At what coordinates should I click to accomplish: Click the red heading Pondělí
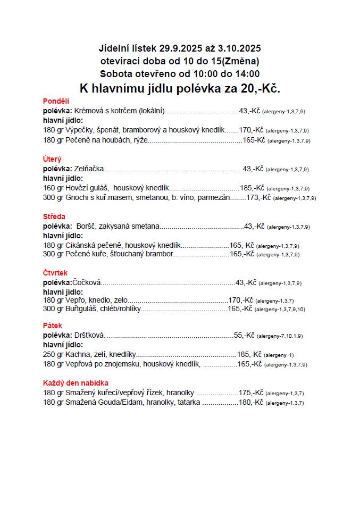pos(56,101)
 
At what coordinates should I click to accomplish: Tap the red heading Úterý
pos(52,159)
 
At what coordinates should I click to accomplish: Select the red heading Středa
pos(54,216)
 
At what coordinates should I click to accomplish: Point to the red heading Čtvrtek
pos(55,273)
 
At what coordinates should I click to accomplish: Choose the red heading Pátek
pos(53,326)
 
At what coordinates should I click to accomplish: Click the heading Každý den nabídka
pos(76,383)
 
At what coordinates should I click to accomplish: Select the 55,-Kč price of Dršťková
pos(244,335)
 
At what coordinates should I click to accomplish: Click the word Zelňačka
pos(89,169)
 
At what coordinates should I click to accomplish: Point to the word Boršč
pos(86,226)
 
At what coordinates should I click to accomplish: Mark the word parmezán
pos(214,197)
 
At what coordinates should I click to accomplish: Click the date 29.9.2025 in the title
pos(181,48)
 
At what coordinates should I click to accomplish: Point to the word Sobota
pos(113,74)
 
